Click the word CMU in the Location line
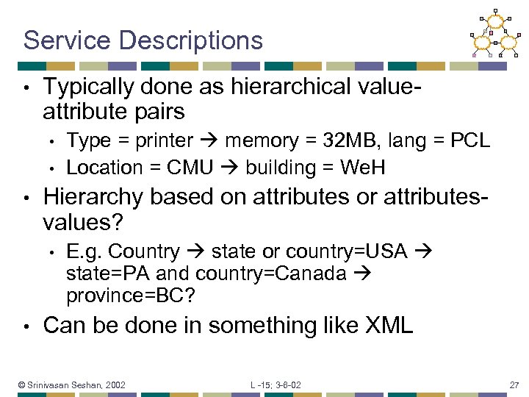pyautogui.click(x=190, y=168)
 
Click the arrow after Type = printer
pyautogui.click(x=209, y=141)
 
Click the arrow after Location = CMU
pyautogui.click(x=230, y=168)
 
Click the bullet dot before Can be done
pyautogui.click(x=26, y=326)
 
